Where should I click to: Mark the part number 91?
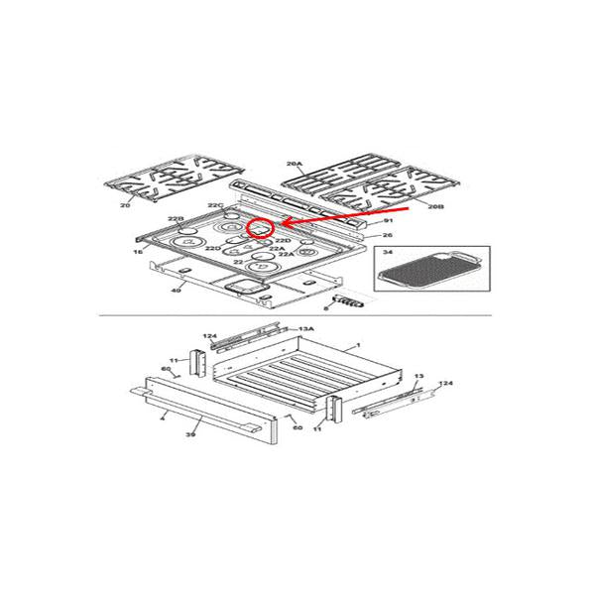click(x=390, y=220)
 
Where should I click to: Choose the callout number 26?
click(x=388, y=235)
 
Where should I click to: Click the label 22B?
click(x=176, y=218)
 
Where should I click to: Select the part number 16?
click(x=138, y=254)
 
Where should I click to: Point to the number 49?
click(x=176, y=290)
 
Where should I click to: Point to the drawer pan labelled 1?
click(x=297, y=377)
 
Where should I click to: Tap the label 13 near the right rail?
click(x=418, y=377)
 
